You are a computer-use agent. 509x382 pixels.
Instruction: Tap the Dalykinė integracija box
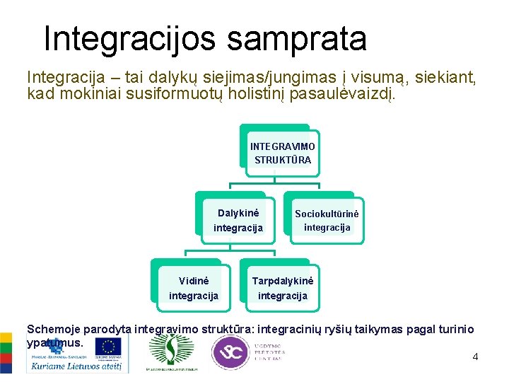tap(238, 220)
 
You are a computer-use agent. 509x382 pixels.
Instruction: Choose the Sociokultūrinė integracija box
tap(327, 220)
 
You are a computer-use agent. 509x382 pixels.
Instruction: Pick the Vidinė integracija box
tap(193, 288)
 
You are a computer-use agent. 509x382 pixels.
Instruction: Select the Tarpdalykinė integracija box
tap(282, 288)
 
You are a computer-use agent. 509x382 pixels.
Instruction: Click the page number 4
tap(475, 357)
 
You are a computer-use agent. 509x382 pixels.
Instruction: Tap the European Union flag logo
tap(108, 347)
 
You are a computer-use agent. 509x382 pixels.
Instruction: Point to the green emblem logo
tap(170, 349)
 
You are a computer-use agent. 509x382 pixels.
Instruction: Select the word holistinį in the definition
tap(268, 93)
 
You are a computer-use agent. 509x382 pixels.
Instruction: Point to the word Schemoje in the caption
tap(54, 329)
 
